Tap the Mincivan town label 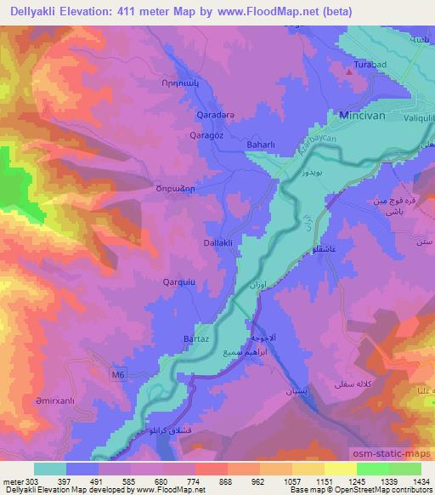pos(366,114)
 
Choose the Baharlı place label pos(258,145)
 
